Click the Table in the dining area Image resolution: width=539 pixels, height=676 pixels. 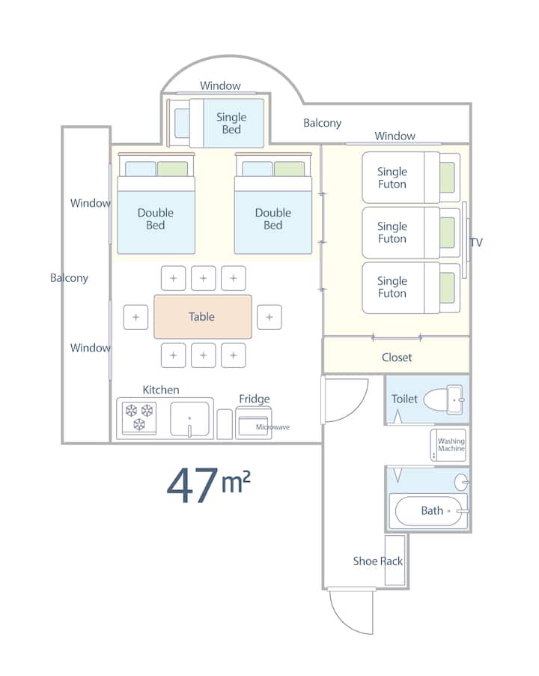pyautogui.click(x=202, y=316)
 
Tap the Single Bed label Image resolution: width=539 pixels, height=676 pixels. pyautogui.click(x=231, y=123)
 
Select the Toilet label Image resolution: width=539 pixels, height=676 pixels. pyautogui.click(x=404, y=399)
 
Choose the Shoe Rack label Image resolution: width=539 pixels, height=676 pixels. pyautogui.click(x=378, y=561)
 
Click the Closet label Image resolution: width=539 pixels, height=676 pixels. pyautogui.click(x=397, y=357)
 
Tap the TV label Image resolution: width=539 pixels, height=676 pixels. pyautogui.click(x=476, y=242)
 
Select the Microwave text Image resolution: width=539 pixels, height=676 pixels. pyautogui.click(x=272, y=427)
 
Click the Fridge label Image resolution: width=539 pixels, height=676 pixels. pyautogui.click(x=255, y=399)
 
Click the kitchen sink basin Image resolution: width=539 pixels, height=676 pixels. pyautogui.click(x=189, y=418)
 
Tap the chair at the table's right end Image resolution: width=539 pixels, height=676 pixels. pyautogui.click(x=269, y=317)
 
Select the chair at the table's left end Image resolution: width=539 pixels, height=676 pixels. pyautogui.click(x=135, y=317)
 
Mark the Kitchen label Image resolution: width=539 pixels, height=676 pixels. pyautogui.click(x=161, y=390)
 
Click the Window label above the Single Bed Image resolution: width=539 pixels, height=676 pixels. pyautogui.click(x=220, y=85)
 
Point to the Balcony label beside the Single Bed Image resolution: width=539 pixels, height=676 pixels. pyautogui.click(x=322, y=123)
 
